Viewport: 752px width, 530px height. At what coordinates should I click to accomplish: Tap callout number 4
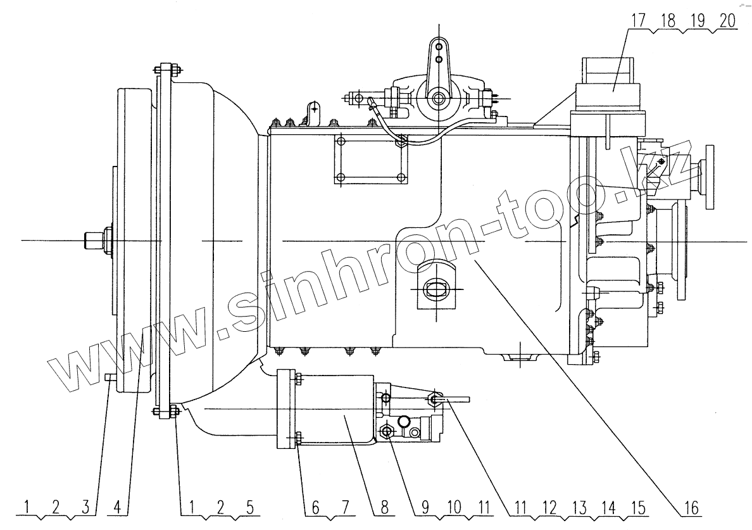(116, 508)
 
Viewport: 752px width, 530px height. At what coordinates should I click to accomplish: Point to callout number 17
(636, 21)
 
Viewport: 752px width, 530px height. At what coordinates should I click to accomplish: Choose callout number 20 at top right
(727, 21)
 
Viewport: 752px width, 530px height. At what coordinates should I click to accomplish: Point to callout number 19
(698, 21)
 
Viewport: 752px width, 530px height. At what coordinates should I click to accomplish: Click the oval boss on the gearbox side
(436, 289)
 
